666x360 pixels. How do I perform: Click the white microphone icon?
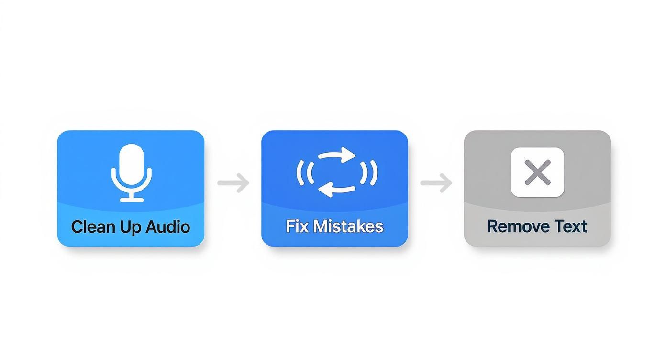point(132,172)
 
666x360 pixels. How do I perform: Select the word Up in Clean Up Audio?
point(129,227)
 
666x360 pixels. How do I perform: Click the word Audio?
point(168,226)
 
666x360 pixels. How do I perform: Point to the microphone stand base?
point(132,199)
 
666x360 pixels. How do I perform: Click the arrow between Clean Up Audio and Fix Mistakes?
point(233,183)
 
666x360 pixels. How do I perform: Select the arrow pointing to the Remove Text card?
point(436,183)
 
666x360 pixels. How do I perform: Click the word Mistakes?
point(349,226)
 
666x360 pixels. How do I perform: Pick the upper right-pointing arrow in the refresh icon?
point(337,156)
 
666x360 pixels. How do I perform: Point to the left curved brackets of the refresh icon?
point(304,172)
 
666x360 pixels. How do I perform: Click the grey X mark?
point(537,172)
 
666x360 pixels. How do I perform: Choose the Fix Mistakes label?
point(334,226)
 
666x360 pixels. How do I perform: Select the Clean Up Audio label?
point(131,226)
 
